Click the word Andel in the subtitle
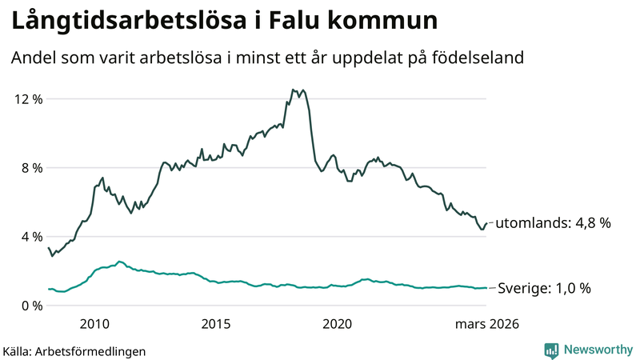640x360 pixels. tap(33, 58)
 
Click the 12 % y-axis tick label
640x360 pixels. tap(27, 99)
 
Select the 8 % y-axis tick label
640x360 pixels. tap(31, 168)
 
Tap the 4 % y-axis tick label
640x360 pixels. tap(31, 237)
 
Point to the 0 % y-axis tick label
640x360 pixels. tap(31, 306)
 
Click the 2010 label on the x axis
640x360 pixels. tap(94, 324)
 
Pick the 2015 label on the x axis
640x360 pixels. tap(216, 324)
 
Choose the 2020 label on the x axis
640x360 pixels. tap(337, 324)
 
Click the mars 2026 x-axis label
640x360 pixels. tap(487, 324)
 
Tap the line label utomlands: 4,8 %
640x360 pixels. tap(554, 224)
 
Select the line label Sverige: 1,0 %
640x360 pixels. tap(545, 288)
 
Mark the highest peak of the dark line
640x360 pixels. tap(294, 90)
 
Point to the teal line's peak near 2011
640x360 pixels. tap(119, 261)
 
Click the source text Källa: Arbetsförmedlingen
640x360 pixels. tap(74, 350)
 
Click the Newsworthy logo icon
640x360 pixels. tap(551, 350)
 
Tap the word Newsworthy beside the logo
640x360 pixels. tap(597, 350)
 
